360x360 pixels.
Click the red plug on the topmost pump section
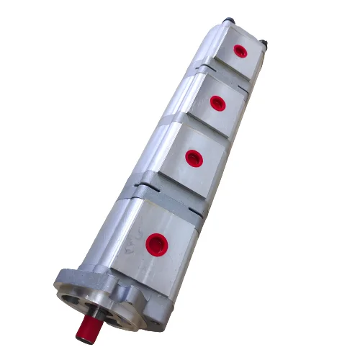pos(239,51)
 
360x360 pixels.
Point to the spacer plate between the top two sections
pos(209,69)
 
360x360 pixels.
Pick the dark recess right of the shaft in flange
pos(115,317)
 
